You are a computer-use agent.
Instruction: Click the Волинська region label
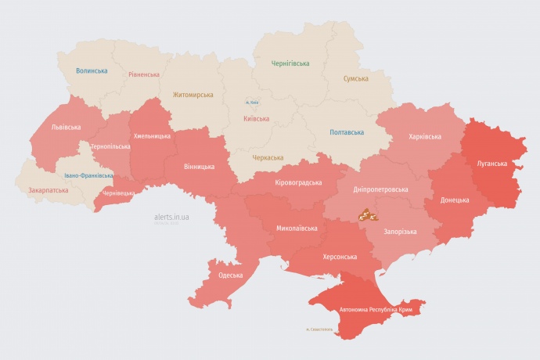[92, 70]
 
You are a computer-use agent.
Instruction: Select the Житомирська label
[193, 95]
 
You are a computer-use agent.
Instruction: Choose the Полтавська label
[346, 131]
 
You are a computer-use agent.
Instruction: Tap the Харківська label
[425, 136]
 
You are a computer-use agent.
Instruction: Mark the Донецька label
[455, 200]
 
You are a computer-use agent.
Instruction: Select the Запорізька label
[399, 232]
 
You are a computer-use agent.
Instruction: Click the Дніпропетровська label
[380, 189]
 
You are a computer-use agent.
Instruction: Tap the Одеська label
[230, 275]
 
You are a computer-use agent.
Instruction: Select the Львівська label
[65, 126]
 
